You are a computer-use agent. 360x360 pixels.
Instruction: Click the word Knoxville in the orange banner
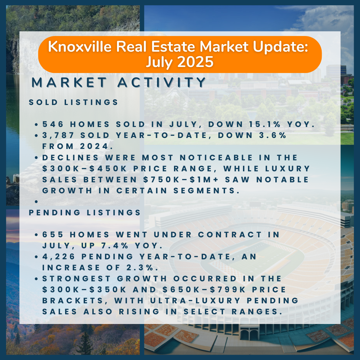[80, 47]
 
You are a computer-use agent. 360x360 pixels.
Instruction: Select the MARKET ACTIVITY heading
[118, 82]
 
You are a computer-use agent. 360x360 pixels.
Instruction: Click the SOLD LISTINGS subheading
[73, 102]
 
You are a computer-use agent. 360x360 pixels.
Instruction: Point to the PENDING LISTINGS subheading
[85, 213]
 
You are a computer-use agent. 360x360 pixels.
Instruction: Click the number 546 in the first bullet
[53, 124]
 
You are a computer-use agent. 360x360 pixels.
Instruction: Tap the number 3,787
[58, 135]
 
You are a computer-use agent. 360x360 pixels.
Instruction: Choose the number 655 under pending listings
[53, 235]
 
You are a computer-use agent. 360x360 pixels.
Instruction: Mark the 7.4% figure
[115, 246]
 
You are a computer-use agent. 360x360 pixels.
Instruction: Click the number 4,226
[59, 257]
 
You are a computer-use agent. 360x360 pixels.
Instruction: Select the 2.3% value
[140, 268]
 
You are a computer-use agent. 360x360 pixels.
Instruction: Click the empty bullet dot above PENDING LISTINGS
[36, 202]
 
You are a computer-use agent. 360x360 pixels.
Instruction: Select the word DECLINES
[70, 157]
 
